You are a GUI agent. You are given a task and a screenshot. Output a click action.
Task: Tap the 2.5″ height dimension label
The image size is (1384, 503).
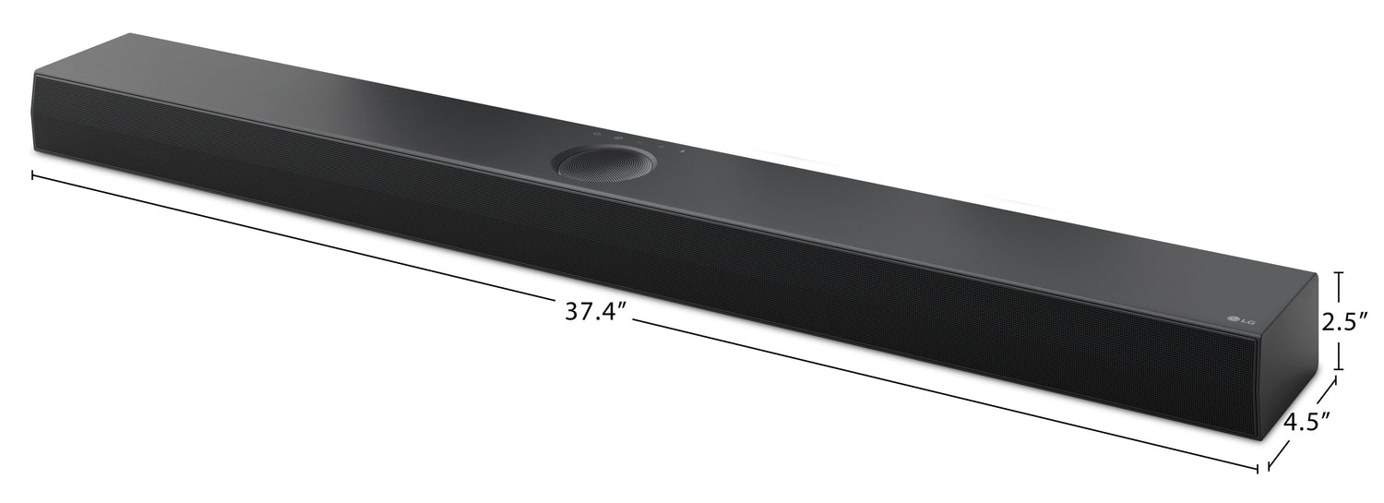click(x=1350, y=322)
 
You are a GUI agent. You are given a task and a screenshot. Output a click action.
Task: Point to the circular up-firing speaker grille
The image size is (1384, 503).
click(x=603, y=163)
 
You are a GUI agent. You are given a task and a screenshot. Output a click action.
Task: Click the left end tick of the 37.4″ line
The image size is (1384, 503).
click(x=33, y=174)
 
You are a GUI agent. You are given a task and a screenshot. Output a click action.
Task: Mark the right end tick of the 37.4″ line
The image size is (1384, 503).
click(x=1258, y=469)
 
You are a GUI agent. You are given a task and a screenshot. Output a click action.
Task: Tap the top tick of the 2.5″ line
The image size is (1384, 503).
click(x=1340, y=273)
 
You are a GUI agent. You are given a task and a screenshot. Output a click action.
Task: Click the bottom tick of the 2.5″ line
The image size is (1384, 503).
click(x=1340, y=370)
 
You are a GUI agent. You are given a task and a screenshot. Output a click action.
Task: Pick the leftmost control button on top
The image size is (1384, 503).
click(x=597, y=135)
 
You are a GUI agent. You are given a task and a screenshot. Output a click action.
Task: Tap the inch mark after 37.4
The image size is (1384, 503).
click(x=624, y=306)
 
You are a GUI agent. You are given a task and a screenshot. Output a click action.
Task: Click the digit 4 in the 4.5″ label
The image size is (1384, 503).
click(x=1289, y=422)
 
